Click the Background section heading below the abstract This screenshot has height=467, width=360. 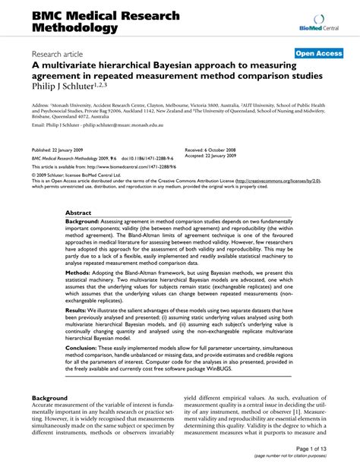[50, 398]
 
